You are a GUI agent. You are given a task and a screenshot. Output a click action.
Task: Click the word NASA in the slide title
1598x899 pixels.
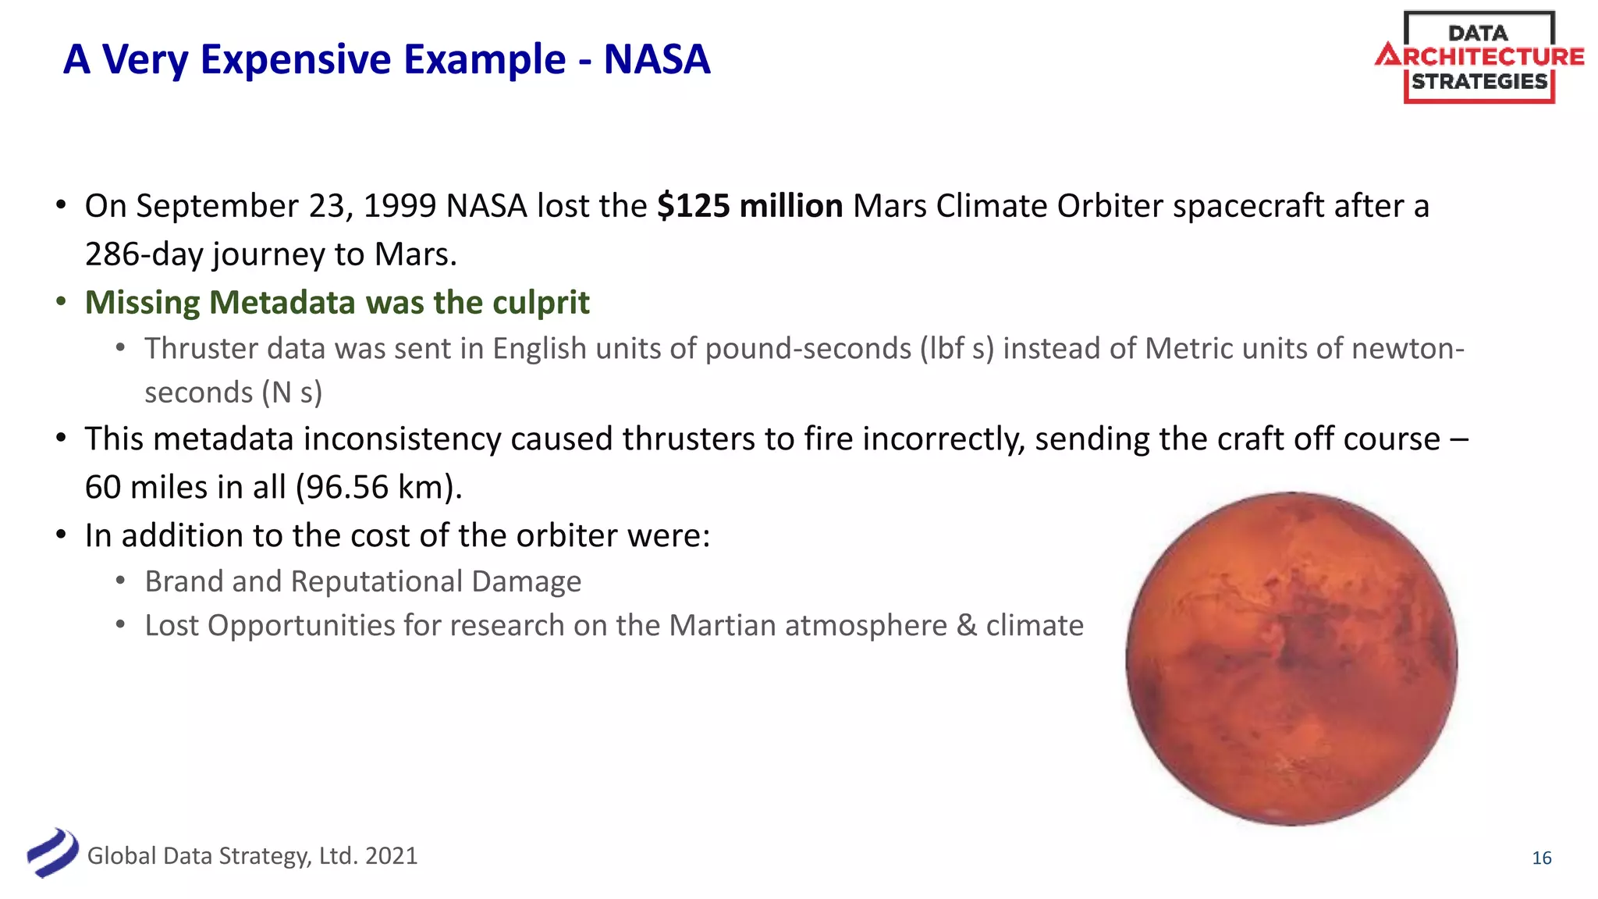(x=657, y=59)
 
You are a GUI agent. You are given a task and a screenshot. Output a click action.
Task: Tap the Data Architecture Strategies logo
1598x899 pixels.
(x=1479, y=58)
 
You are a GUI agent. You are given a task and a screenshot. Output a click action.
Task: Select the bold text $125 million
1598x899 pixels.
(x=749, y=206)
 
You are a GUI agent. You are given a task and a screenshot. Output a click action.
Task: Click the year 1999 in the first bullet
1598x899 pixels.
(x=399, y=206)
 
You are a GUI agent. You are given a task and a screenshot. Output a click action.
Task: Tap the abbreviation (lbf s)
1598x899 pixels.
(x=957, y=349)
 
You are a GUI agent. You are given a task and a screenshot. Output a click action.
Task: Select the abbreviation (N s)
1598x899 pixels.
(x=292, y=393)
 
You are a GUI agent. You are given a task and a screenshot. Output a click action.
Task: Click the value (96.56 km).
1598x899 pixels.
(x=378, y=488)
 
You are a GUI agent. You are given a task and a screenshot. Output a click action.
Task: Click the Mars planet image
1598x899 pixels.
(x=1291, y=658)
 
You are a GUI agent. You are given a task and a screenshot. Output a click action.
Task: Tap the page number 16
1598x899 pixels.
(x=1541, y=858)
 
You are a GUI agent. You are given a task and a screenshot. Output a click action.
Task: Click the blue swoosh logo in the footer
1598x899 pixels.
(x=52, y=853)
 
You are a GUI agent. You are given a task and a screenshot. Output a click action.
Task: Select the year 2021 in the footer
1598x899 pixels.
(x=391, y=856)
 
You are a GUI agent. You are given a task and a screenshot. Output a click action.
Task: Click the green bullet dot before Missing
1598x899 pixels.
(x=61, y=302)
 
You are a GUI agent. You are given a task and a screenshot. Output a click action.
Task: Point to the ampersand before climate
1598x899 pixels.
(x=966, y=626)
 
